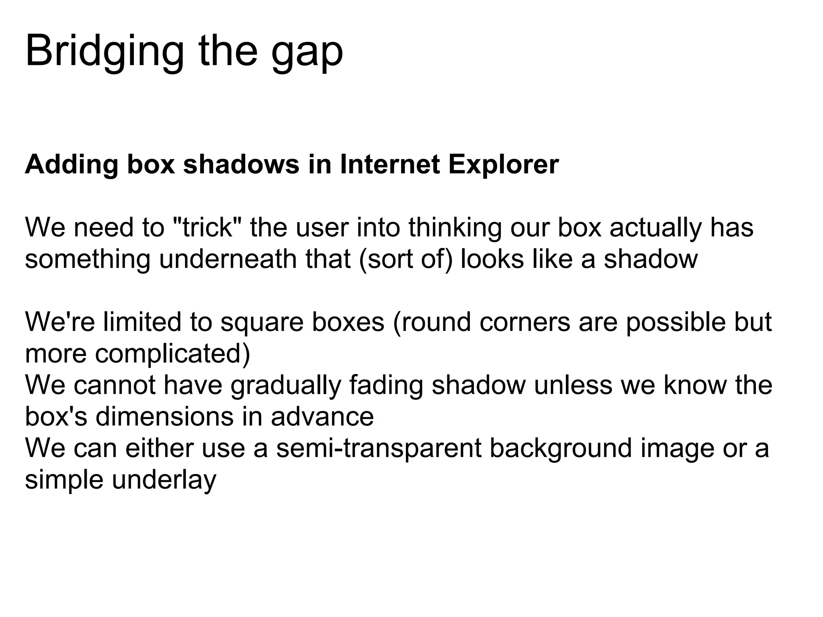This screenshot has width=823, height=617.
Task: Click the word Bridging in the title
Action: click(104, 52)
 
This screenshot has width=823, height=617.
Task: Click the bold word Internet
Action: click(389, 165)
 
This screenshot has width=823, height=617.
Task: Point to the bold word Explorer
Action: click(504, 165)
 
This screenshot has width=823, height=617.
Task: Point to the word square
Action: click(262, 322)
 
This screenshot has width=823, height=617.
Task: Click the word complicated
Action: click(172, 353)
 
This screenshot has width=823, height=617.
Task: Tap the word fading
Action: click(386, 385)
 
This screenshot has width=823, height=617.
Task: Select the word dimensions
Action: click(164, 416)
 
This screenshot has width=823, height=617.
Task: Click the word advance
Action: click(322, 416)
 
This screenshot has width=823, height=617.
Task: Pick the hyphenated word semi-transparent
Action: click(379, 448)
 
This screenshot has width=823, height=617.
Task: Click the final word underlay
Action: click(164, 479)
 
